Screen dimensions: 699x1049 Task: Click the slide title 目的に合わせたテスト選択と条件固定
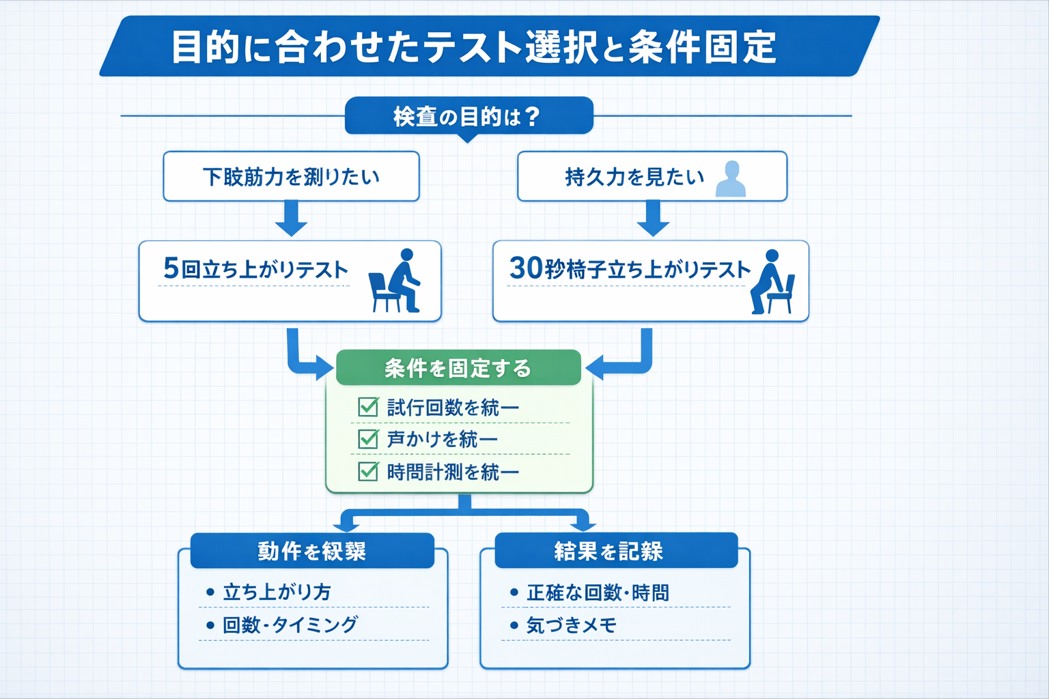click(473, 46)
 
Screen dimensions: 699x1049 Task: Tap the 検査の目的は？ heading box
click(468, 116)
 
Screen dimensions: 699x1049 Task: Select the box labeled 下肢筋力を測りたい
click(291, 177)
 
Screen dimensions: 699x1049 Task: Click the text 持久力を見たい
click(634, 177)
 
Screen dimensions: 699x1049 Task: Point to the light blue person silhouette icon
click(731, 179)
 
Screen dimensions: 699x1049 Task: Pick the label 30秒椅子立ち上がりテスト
click(630, 269)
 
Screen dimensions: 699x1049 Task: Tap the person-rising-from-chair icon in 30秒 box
click(772, 282)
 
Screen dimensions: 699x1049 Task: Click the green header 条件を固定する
click(458, 369)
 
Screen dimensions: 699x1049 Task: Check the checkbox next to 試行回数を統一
click(368, 408)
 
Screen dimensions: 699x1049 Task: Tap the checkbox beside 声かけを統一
click(368, 439)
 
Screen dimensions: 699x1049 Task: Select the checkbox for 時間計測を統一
click(368, 472)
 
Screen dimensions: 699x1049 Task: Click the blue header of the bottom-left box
click(312, 551)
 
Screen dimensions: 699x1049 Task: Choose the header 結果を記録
click(609, 551)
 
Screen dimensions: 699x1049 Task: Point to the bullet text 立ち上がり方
click(277, 592)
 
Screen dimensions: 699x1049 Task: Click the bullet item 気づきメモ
click(572, 625)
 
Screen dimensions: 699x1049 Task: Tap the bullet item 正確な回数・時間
click(598, 593)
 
